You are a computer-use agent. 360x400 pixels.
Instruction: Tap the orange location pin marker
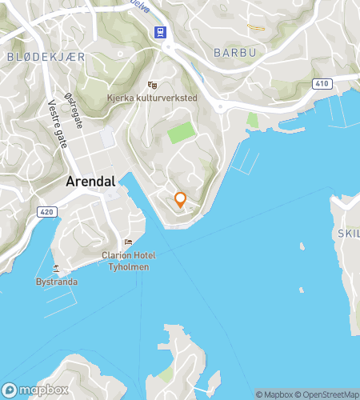[181, 199]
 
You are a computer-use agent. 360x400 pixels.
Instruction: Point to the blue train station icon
[160, 32]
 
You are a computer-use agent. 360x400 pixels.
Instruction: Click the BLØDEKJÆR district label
[46, 57]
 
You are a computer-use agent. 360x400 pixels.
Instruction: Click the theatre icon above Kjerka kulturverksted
[153, 85]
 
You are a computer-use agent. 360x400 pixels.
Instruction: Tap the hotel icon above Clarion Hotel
[128, 242]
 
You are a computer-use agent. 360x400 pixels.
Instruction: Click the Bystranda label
[56, 282]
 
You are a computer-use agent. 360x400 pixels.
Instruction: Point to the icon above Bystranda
[56, 269]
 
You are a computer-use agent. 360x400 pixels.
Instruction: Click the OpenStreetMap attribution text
[328, 394]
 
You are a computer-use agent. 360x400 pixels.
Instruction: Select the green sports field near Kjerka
[181, 132]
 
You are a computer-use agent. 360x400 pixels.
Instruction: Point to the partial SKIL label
[348, 233]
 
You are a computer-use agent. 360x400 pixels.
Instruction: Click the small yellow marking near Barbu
[256, 28]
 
